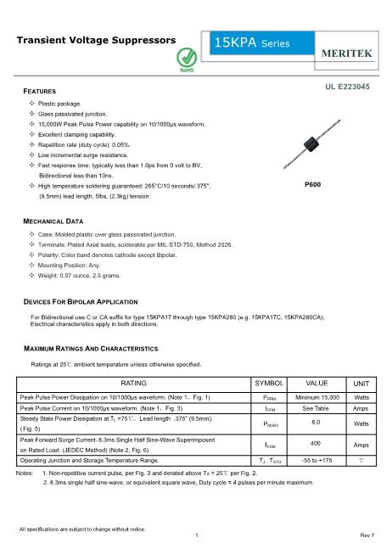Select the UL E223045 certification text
(346, 87)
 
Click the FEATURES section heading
(39, 90)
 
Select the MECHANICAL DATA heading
(53, 220)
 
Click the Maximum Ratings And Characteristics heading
(90, 349)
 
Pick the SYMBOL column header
(270, 384)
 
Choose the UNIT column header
(361, 384)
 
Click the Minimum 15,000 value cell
(316, 397)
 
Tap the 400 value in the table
(316, 443)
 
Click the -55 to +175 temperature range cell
(316, 459)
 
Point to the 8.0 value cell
(316, 422)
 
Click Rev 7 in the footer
(367, 535)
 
